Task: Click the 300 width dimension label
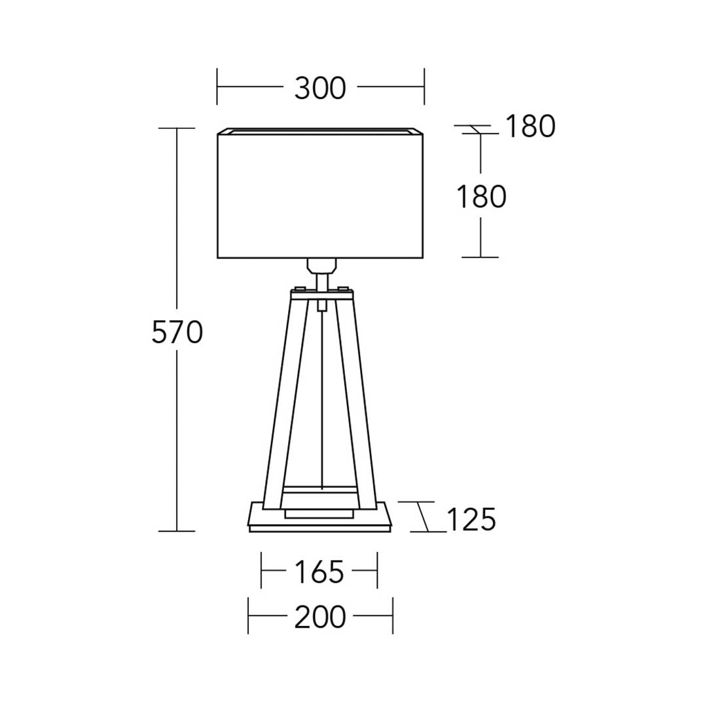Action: [x=320, y=88]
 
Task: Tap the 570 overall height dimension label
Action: [x=177, y=333]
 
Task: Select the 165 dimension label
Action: [x=319, y=571]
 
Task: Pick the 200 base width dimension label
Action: [x=320, y=617]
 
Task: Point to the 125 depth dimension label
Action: [x=471, y=519]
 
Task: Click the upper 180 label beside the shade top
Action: [x=530, y=126]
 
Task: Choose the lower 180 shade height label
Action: [x=482, y=198]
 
